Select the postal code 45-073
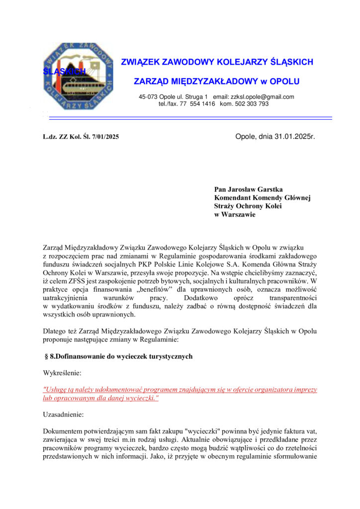pyautogui.click(x=148, y=96)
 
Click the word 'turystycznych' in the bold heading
pyautogui.click(x=169, y=356)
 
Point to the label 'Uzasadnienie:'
pyautogui.click(x=64, y=414)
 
